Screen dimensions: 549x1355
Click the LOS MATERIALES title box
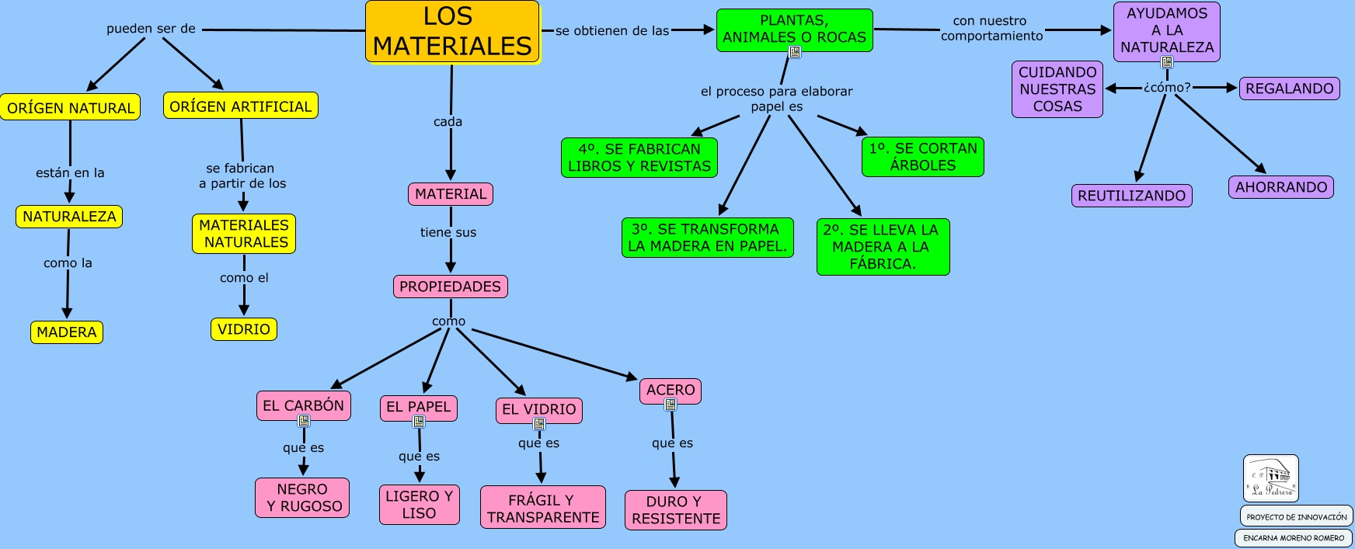(452, 32)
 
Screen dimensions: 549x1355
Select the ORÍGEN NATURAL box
(71, 108)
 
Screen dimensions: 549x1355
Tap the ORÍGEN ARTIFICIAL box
(241, 106)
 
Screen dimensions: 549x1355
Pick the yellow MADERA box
(67, 332)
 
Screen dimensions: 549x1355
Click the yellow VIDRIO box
(244, 329)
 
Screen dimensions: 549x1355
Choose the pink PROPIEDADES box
(451, 287)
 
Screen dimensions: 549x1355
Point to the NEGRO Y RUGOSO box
(303, 498)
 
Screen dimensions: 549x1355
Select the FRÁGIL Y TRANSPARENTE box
(543, 508)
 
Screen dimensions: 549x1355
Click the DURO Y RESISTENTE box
(676, 510)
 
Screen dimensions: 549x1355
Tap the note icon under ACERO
(671, 405)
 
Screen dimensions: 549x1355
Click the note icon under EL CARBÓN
(304, 421)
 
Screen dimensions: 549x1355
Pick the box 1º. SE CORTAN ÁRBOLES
(923, 157)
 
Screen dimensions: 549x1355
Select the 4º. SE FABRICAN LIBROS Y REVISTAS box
(639, 158)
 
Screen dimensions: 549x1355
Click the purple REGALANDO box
(1290, 89)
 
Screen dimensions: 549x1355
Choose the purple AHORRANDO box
(1281, 187)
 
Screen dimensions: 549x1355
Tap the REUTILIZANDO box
(1132, 196)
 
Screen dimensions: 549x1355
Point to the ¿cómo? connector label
(1167, 88)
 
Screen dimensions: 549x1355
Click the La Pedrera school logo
(1271, 478)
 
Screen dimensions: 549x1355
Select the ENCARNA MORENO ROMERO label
(1294, 537)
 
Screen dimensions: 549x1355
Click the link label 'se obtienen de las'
(612, 31)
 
